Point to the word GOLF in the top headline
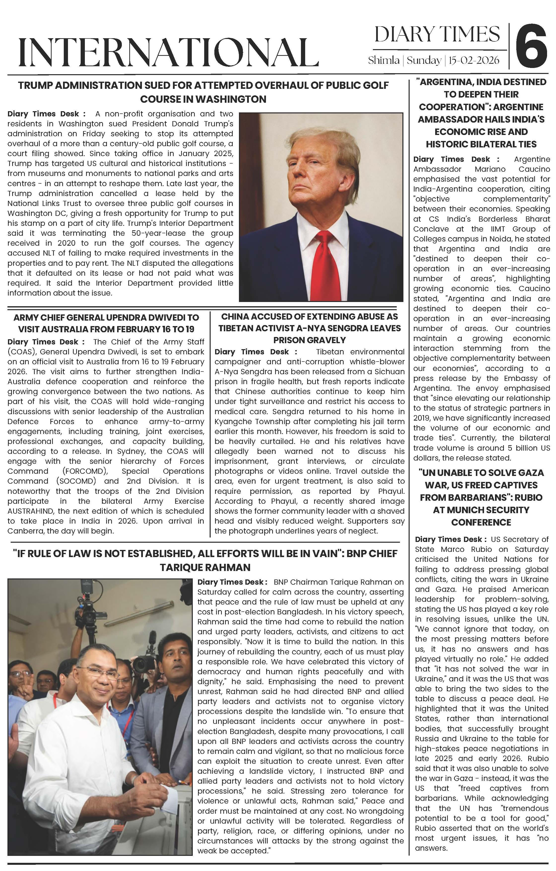pos(375,85)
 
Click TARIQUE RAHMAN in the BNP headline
pos(205,567)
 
